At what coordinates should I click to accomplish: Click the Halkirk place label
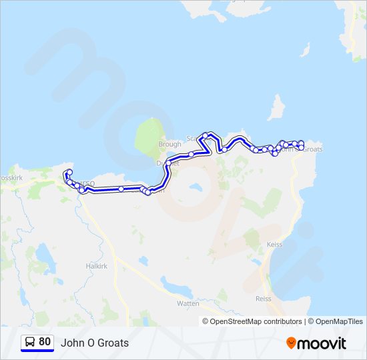(x=78, y=266)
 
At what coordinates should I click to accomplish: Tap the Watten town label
(x=188, y=303)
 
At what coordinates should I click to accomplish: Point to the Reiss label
(x=264, y=299)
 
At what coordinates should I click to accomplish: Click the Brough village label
(x=169, y=144)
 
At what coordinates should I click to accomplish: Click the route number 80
(x=45, y=342)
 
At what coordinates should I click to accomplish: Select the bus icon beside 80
(x=30, y=342)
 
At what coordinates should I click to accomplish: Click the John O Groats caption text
(x=95, y=343)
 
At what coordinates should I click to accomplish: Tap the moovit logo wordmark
(x=322, y=343)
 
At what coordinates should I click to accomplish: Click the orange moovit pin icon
(x=291, y=343)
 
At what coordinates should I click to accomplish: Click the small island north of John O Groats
(x=276, y=107)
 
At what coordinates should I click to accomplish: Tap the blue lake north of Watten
(x=175, y=287)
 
